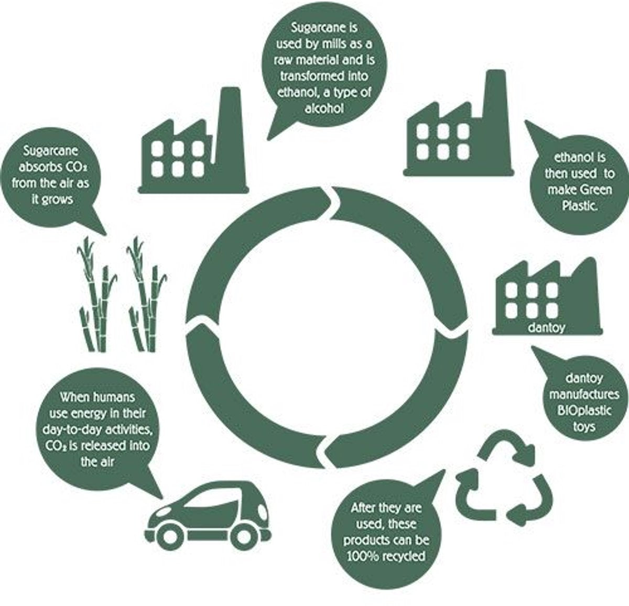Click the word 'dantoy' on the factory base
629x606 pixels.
click(x=546, y=328)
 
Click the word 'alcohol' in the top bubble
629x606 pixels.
click(x=324, y=108)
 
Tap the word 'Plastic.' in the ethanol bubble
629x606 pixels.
click(x=579, y=205)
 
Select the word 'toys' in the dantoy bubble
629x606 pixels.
click(x=584, y=427)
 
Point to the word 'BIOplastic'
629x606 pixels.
click(x=584, y=411)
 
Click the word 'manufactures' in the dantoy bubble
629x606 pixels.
click(x=584, y=394)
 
